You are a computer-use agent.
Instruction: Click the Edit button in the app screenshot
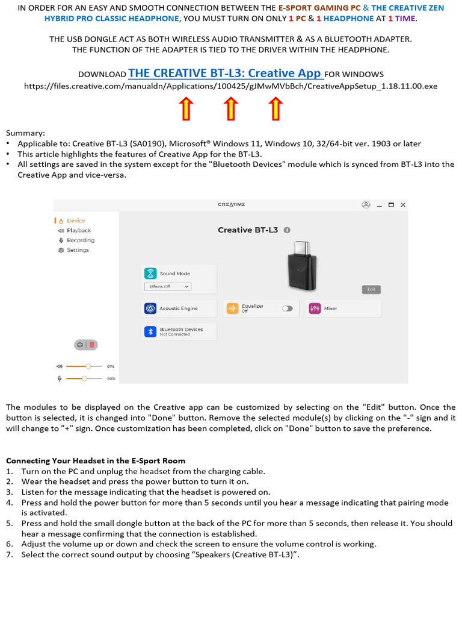coord(371,289)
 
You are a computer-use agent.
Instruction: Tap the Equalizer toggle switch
coord(288,308)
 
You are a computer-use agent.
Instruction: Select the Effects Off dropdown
coord(168,287)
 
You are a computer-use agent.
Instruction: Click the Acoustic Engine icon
coord(150,308)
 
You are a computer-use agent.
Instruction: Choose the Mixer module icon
coord(315,308)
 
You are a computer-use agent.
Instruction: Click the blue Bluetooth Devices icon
coord(150,331)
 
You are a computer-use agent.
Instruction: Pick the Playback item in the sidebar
coord(78,231)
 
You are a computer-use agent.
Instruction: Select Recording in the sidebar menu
coord(80,240)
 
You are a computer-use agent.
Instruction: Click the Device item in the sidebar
coord(76,221)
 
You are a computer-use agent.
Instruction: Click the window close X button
coord(403,205)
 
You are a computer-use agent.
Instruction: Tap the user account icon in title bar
coord(366,205)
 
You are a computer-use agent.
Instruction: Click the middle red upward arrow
coord(231,109)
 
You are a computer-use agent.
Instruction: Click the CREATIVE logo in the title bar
coord(231,205)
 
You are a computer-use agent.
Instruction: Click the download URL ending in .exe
coord(231,87)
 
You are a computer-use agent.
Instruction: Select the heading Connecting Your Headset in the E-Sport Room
coord(96,461)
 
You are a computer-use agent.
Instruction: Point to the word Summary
coord(25,133)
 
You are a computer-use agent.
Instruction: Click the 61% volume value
coord(111,366)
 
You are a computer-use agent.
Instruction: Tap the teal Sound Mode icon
coord(150,274)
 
